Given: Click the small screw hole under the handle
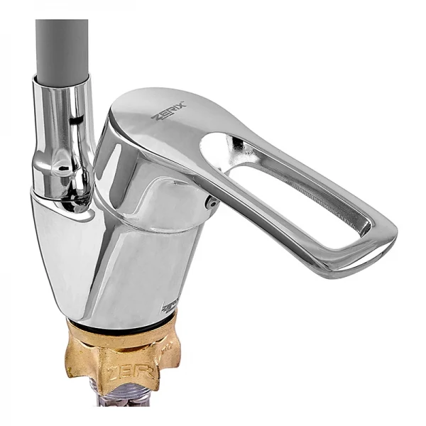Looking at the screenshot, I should pyautogui.click(x=211, y=203).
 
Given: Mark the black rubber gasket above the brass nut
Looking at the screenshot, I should pyautogui.click(x=121, y=324).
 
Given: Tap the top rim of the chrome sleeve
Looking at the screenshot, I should pyautogui.click(x=62, y=79).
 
